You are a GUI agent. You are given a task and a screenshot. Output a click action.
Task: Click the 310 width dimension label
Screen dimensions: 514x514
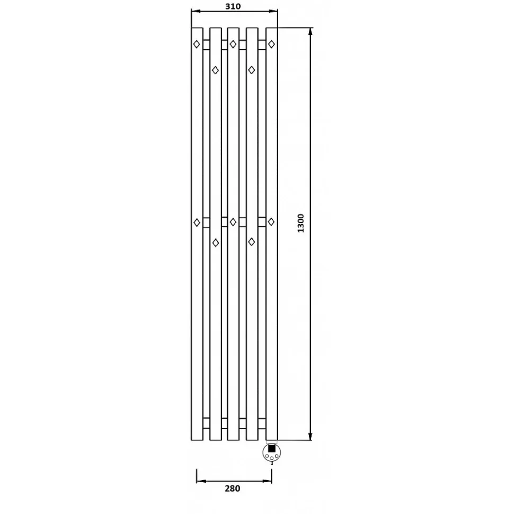[x=233, y=6]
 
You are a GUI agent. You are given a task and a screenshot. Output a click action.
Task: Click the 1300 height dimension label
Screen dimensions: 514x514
[x=300, y=223]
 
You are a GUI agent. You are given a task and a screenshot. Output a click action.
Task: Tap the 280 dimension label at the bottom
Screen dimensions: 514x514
[x=233, y=489]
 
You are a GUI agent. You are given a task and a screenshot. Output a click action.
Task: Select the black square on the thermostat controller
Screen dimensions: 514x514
[x=272, y=448]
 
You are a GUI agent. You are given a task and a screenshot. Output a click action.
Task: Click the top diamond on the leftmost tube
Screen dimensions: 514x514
[x=197, y=44]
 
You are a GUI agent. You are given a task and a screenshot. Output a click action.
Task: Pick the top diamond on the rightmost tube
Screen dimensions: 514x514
[x=271, y=44]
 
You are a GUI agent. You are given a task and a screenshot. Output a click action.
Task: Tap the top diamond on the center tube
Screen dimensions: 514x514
[x=233, y=44]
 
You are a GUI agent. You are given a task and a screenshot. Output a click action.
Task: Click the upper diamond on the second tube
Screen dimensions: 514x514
[x=215, y=70]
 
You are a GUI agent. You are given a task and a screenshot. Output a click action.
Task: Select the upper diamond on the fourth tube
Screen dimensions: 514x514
[x=251, y=70]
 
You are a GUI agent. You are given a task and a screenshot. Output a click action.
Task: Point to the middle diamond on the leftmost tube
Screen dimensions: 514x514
[x=197, y=223]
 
